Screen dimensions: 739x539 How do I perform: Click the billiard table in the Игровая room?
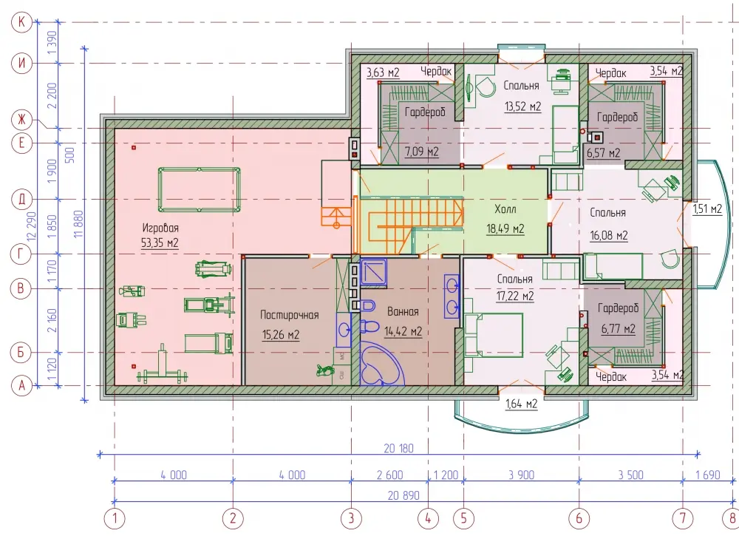(x=199, y=189)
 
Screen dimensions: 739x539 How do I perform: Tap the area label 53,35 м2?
(x=160, y=243)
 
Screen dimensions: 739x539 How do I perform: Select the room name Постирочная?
(x=290, y=315)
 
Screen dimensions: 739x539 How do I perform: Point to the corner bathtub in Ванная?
(x=382, y=364)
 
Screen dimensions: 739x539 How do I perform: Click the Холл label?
(x=505, y=209)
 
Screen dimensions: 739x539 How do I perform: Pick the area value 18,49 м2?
(x=505, y=229)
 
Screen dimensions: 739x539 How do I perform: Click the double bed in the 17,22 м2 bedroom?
(x=494, y=335)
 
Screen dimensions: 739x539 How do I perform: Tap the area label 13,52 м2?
(x=522, y=106)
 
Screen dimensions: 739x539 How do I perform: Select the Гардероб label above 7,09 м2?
(x=425, y=112)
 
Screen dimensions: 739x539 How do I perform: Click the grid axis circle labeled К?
(x=21, y=21)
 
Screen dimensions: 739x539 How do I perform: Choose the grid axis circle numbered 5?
(x=463, y=519)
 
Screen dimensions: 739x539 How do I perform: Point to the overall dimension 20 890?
(x=403, y=495)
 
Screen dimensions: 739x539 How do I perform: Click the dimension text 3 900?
(x=521, y=475)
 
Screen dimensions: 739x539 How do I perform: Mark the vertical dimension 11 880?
(x=78, y=224)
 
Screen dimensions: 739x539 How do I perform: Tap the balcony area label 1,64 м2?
(x=521, y=404)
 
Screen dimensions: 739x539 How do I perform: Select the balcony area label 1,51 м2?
(x=707, y=209)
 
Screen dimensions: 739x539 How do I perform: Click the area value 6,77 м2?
(x=618, y=329)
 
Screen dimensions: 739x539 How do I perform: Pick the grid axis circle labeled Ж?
(x=21, y=119)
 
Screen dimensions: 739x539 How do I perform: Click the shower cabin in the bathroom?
(x=374, y=271)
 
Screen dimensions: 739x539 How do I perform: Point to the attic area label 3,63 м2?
(x=383, y=72)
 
